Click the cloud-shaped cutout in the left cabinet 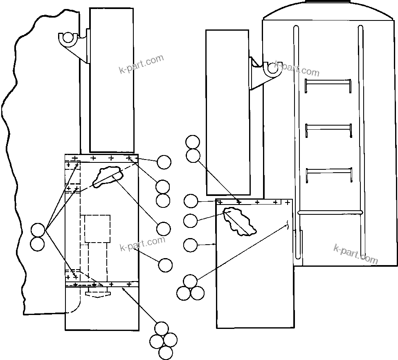tap(108, 176)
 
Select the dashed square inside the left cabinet tap(97, 229)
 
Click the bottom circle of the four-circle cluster tap(165, 352)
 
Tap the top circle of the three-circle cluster tap(190, 281)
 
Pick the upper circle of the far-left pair tap(38, 230)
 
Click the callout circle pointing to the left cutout tap(164, 229)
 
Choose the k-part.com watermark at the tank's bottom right tap(355, 253)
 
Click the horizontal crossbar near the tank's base tap(331, 212)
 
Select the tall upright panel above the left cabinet tap(112, 80)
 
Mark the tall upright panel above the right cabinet tap(227, 112)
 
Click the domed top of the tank tap(329, 10)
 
